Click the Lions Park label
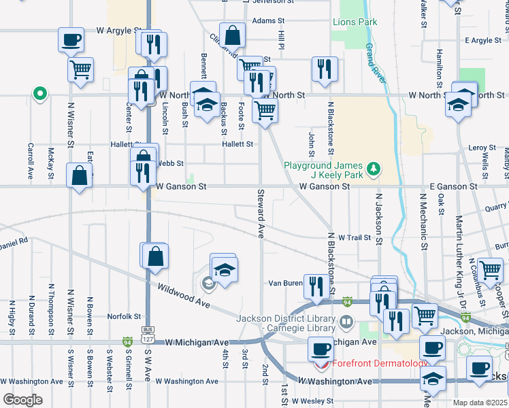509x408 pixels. coord(355,22)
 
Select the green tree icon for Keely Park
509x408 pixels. coord(373,167)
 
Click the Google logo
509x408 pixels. coord(22,400)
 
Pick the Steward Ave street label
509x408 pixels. coord(260,213)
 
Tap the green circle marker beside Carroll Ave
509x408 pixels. coord(39,94)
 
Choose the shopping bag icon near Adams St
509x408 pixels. coord(232,35)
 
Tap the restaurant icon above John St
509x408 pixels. coord(324,68)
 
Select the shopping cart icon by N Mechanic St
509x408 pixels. coord(425,315)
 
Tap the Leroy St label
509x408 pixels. coord(482,148)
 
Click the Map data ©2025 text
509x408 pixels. coord(480,402)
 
